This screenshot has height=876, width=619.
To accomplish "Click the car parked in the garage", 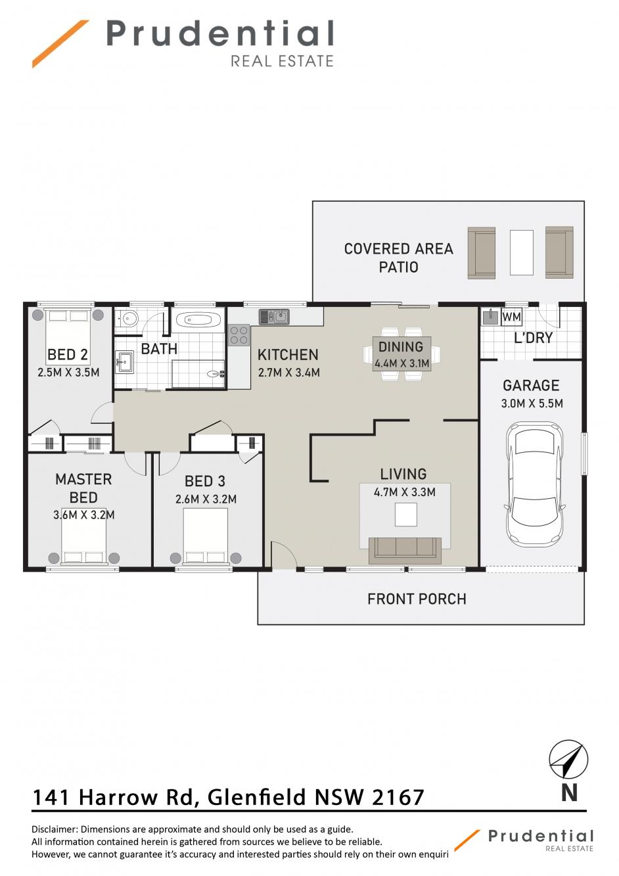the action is [534, 486].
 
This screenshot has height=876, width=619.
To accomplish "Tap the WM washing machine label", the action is [511, 317].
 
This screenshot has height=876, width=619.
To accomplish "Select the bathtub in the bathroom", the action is [198, 320].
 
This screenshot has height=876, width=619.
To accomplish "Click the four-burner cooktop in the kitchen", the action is [239, 335].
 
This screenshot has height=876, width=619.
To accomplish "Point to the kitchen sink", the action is [274, 316].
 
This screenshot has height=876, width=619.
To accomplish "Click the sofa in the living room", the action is [405, 550].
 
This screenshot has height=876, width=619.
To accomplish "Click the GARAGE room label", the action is [531, 386].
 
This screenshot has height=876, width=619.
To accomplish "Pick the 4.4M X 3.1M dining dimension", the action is [402, 363].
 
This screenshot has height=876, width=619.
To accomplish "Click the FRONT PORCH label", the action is [417, 599].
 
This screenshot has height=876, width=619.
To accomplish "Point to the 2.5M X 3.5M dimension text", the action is [68, 372].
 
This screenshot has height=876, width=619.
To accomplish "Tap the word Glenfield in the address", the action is [256, 798].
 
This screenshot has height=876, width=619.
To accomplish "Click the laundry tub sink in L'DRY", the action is [490, 317].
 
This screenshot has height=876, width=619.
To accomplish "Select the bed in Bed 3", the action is [206, 536].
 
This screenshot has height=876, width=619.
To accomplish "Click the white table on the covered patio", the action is [521, 252].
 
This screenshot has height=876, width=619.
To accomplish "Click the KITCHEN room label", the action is [288, 355].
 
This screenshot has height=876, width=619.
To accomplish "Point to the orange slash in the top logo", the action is [60, 44].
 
